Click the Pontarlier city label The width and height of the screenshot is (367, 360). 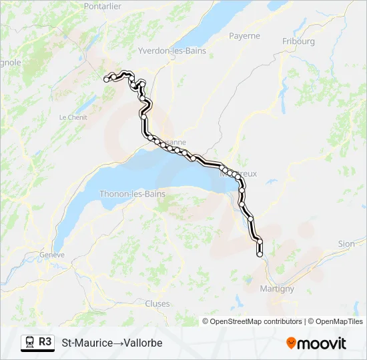103,6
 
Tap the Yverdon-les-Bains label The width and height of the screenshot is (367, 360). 171,51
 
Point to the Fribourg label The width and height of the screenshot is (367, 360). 298,41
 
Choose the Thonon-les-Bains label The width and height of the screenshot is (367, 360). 132,194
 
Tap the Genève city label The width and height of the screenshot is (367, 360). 51,255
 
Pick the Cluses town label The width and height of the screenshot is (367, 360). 157,303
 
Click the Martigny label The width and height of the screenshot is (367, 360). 277,289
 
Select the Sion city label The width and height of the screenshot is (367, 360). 346,244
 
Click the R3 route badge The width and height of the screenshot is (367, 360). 45,342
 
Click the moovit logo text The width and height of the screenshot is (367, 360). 322,343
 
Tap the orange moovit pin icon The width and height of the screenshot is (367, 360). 291,343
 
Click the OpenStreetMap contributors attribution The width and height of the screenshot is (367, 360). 256,321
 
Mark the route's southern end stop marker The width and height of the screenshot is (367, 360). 260,253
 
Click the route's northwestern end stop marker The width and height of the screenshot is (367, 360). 106,80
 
